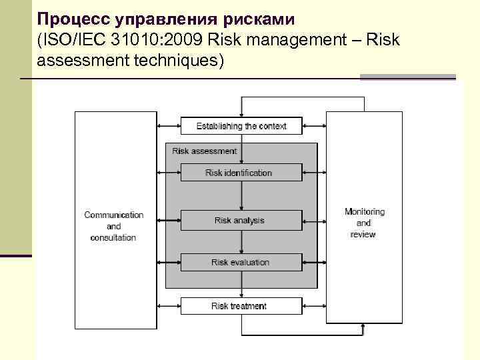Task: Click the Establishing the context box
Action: click(241, 125)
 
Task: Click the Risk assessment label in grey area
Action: click(204, 151)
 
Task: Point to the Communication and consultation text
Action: click(113, 226)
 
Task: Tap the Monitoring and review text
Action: click(364, 223)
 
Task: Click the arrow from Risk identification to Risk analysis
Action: click(241, 196)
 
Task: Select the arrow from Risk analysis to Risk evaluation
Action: click(241, 241)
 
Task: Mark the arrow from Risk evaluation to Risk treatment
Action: click(241, 285)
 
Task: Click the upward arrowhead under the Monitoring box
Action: click(363, 327)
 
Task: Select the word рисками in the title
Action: click(260, 18)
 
